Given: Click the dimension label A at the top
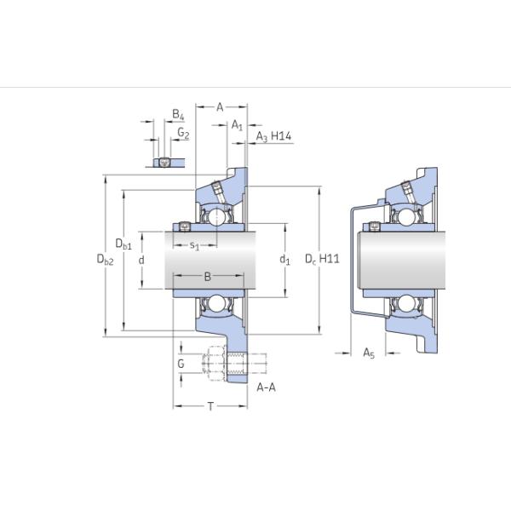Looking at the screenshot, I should pos(220,106).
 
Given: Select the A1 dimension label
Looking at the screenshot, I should pos(238,125).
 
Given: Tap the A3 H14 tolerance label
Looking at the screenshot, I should pos(274,136).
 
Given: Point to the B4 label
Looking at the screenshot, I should pos(177,114).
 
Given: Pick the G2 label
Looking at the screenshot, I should pos(183,134).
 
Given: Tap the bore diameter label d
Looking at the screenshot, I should pos(141,259).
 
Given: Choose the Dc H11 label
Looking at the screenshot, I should pos(323,259).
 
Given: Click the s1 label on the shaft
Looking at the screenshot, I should pos(194,246).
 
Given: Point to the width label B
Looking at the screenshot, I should pos(207,277).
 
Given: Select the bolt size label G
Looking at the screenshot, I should pos(180,364).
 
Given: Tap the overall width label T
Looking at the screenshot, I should pos(210,406).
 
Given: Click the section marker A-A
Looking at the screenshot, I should pos(266,388).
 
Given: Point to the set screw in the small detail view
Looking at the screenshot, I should pos(164,162).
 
